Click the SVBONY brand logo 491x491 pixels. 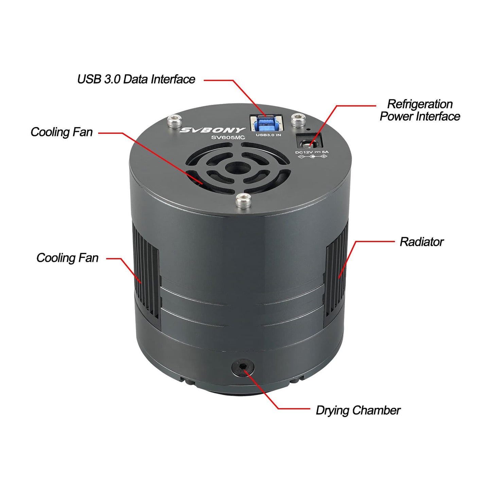pyautogui.click(x=212, y=130)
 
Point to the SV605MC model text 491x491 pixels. pyautogui.click(x=228, y=137)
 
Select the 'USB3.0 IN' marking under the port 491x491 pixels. pyautogui.click(x=268, y=135)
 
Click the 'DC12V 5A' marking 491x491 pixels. pyautogui.click(x=312, y=152)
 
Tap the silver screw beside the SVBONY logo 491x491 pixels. pyautogui.click(x=174, y=121)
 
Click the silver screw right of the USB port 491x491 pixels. pyautogui.click(x=298, y=120)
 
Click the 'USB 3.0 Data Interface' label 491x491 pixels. pyautogui.click(x=136, y=79)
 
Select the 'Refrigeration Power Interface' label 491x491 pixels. pyautogui.click(x=420, y=110)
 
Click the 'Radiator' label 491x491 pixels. pyautogui.click(x=421, y=242)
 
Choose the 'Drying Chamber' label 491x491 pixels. pyautogui.click(x=358, y=410)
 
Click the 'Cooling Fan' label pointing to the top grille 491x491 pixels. pyautogui.click(x=62, y=132)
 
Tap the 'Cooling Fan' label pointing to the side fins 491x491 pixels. pyautogui.click(x=67, y=258)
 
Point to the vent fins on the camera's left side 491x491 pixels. pyautogui.click(x=146, y=272)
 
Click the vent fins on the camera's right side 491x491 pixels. pyautogui.click(x=336, y=272)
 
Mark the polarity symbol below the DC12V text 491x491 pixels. pyautogui.click(x=312, y=157)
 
